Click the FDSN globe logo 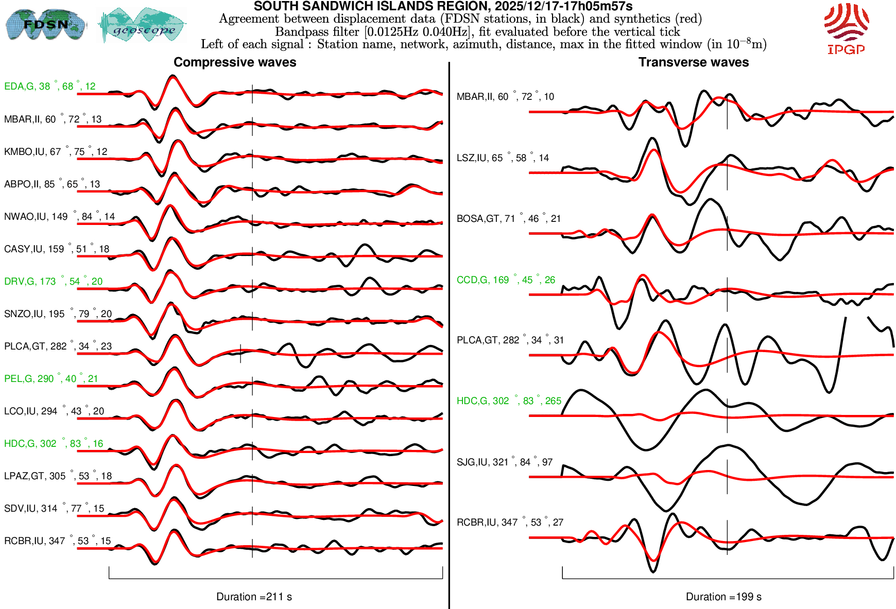(x=45, y=24)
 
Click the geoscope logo (x=143, y=25)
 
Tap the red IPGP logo (x=846, y=29)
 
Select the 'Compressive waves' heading (x=235, y=62)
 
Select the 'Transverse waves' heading (x=693, y=62)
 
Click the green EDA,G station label (x=49, y=86)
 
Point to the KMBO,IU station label (x=56, y=152)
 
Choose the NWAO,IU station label (x=59, y=217)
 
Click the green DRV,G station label (x=53, y=282)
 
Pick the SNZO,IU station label (x=58, y=314)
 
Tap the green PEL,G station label (x=50, y=379)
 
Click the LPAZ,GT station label (x=58, y=476)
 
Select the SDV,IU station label (x=54, y=509)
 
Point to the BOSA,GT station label (x=508, y=219)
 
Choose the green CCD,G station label (x=506, y=280)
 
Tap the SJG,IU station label (x=504, y=462)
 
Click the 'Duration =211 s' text (x=254, y=597)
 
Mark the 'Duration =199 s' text (x=723, y=597)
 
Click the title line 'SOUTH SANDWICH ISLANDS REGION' (x=443, y=6)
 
